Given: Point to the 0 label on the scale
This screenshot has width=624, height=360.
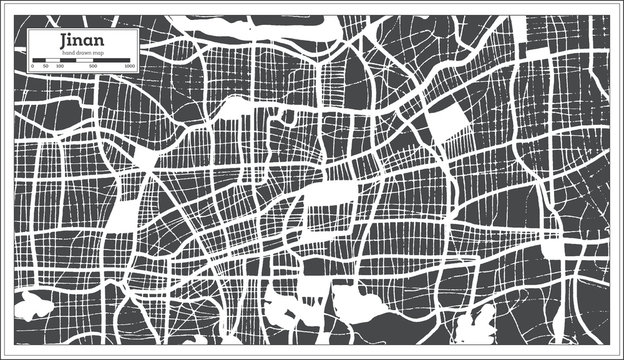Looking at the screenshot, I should pyautogui.click(x=32, y=65).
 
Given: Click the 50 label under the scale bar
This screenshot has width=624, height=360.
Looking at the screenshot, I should pyautogui.click(x=45, y=65).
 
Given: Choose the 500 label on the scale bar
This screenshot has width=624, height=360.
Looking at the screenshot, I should pyautogui.click(x=93, y=65).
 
